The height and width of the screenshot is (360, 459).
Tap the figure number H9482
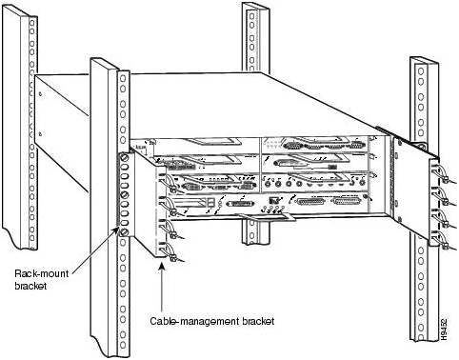(x=445, y=332)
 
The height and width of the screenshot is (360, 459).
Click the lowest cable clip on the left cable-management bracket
(x=172, y=256)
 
